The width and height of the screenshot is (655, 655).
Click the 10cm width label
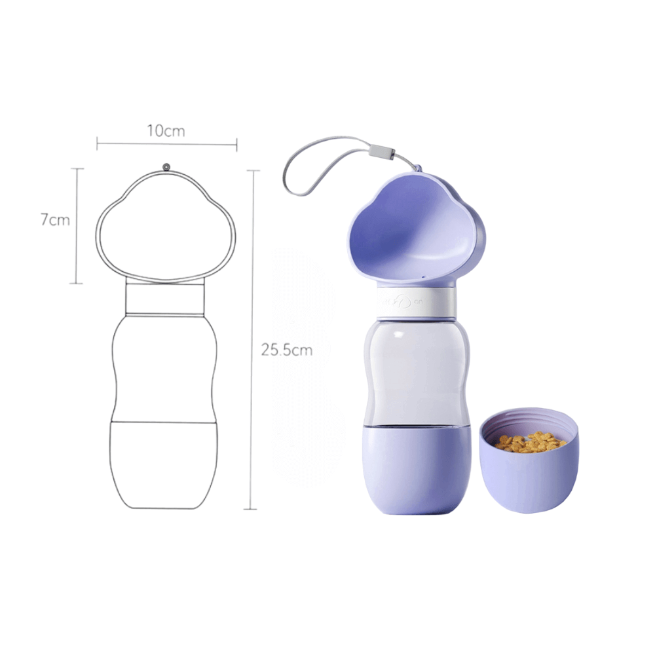(x=166, y=131)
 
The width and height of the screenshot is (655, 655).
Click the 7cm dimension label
(x=55, y=219)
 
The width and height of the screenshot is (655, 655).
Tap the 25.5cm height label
(x=287, y=350)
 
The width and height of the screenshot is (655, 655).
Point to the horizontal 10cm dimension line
(x=167, y=145)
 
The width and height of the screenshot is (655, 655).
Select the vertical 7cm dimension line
(x=77, y=226)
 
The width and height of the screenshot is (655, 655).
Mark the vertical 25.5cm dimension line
(x=252, y=339)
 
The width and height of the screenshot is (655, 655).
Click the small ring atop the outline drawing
(x=166, y=167)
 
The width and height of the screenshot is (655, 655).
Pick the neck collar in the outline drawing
(x=166, y=298)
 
